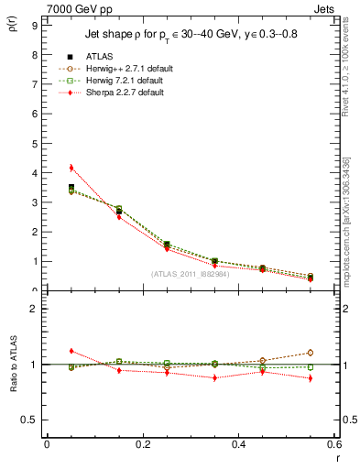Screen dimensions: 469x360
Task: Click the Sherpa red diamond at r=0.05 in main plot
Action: [71, 168]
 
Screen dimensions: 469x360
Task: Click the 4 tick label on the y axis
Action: [37, 173]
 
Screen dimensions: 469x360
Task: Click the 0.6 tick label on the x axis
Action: [334, 442]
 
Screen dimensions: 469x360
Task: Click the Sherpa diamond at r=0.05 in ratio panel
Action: [71, 351]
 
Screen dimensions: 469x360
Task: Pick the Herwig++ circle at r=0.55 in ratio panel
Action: [311, 353]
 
